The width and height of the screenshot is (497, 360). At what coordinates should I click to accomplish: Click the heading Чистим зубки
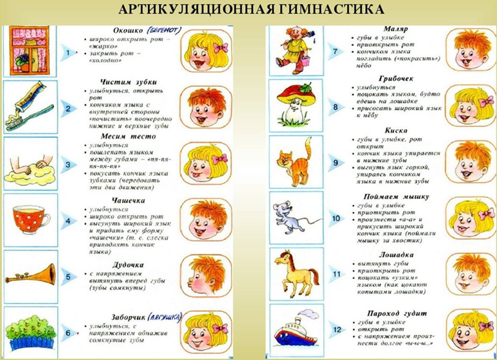coord(128,81)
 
